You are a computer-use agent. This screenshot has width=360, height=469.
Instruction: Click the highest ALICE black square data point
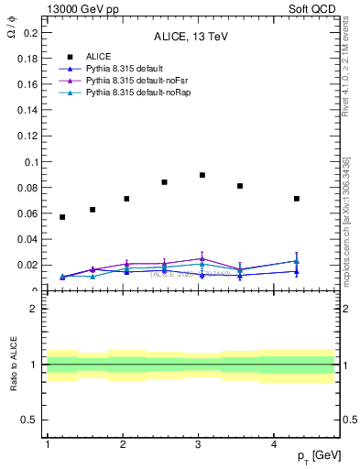[202, 175]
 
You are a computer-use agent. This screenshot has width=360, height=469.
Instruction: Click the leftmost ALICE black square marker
[62, 217]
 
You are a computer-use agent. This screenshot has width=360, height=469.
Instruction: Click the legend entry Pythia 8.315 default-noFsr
[127, 81]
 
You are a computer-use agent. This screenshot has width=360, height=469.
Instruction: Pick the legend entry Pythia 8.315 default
[118, 69]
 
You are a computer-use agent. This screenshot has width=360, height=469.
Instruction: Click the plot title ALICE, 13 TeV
[191, 38]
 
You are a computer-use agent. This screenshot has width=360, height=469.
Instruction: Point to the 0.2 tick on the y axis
[31, 32]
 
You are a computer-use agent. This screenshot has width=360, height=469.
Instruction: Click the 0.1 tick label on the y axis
[31, 162]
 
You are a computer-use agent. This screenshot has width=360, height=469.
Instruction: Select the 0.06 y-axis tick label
[28, 213]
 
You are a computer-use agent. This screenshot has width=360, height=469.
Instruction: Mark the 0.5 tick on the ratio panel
[31, 420]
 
